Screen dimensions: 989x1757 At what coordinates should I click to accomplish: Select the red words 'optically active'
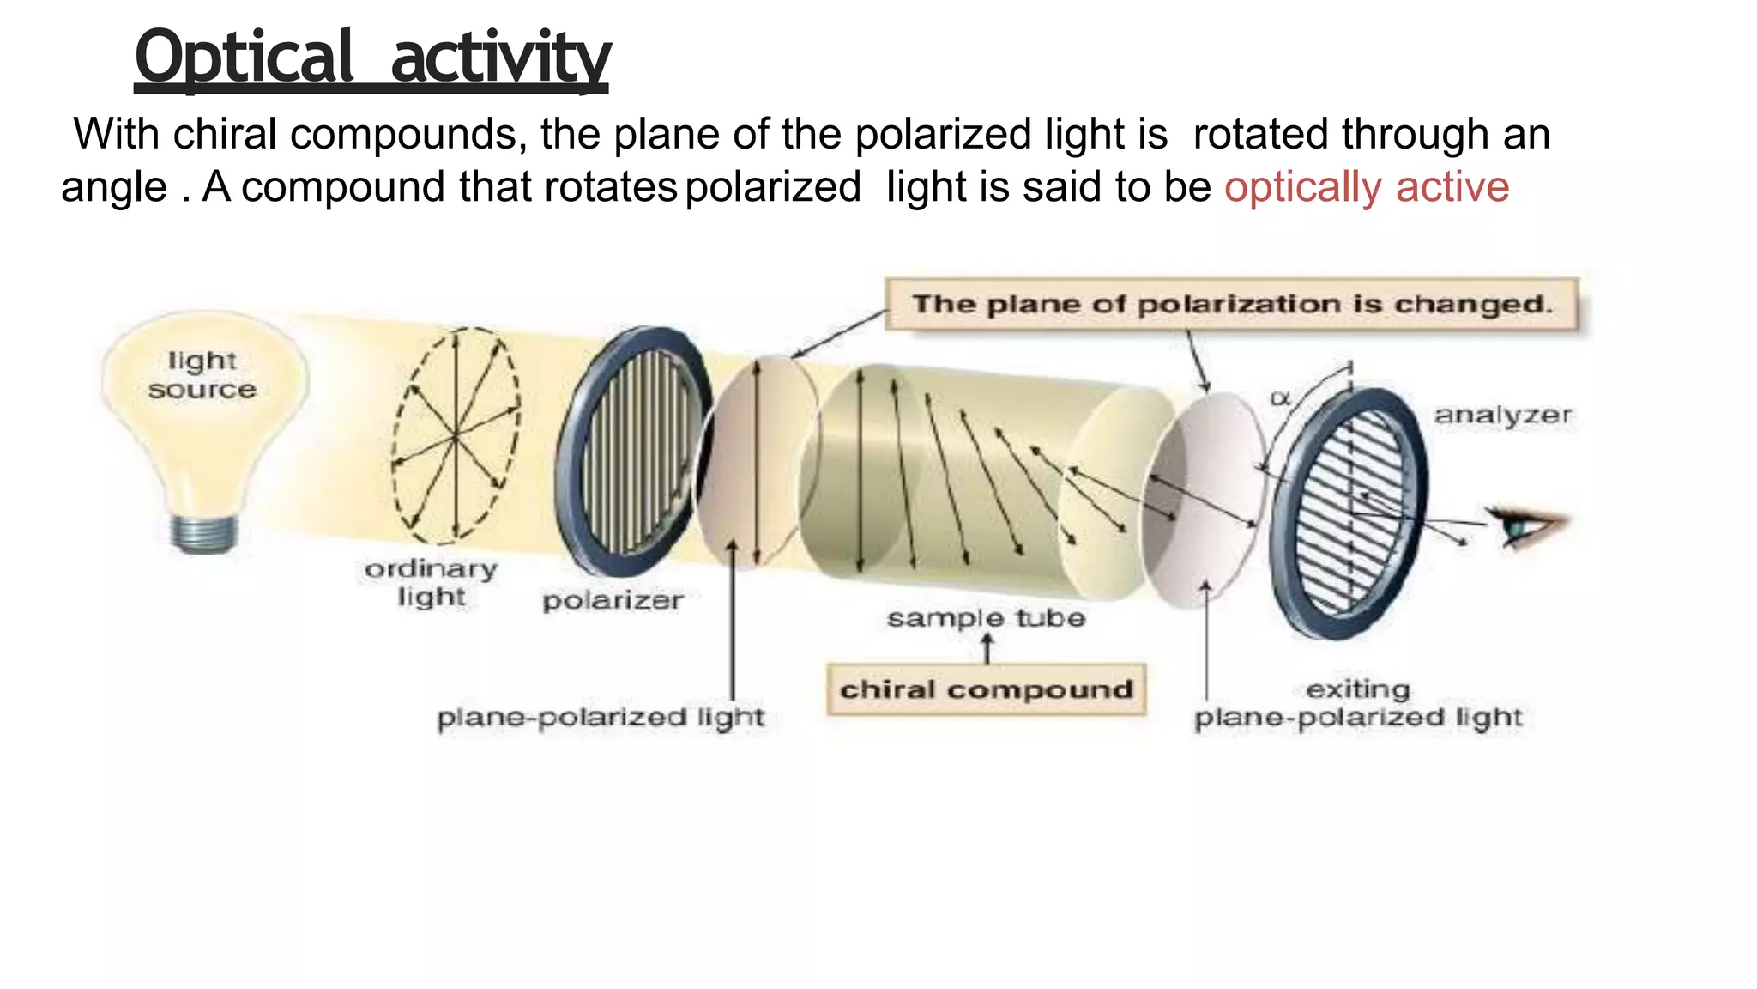(1366, 187)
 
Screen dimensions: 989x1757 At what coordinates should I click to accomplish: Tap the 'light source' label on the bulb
(202, 375)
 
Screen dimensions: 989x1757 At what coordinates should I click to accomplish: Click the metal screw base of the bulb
(203, 533)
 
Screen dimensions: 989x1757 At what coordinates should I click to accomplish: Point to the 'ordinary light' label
(431, 582)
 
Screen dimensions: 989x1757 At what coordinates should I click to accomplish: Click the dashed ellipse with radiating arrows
(456, 435)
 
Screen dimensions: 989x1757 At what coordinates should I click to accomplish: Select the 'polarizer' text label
(613, 600)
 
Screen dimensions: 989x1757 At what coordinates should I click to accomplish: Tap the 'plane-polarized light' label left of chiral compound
(600, 718)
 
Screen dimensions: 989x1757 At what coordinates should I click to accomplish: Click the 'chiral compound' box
(986, 689)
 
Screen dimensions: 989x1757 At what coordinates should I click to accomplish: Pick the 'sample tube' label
(986, 618)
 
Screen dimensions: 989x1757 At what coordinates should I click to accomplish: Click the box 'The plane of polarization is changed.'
(1231, 304)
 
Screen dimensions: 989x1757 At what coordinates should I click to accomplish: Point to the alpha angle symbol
(1279, 398)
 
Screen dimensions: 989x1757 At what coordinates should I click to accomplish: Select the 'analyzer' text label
(1502, 416)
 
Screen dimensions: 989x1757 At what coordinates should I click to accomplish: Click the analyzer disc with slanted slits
(1349, 513)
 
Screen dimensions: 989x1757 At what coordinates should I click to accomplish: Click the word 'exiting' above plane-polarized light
(1357, 689)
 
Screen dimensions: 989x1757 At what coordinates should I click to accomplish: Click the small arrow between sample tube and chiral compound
(987, 649)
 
